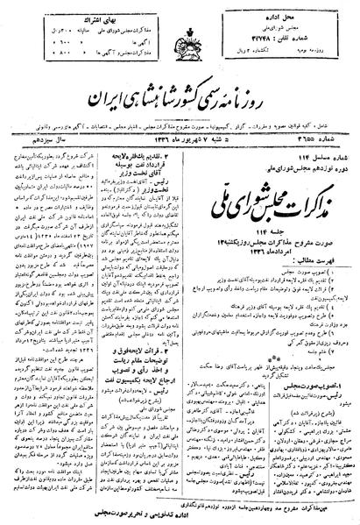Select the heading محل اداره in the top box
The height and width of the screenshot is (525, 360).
tap(316, 13)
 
